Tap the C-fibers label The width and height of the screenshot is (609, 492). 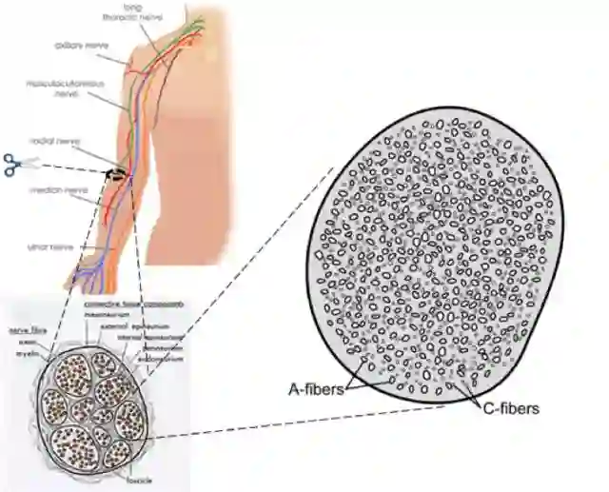tap(508, 408)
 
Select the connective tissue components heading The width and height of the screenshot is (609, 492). tap(133, 305)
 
